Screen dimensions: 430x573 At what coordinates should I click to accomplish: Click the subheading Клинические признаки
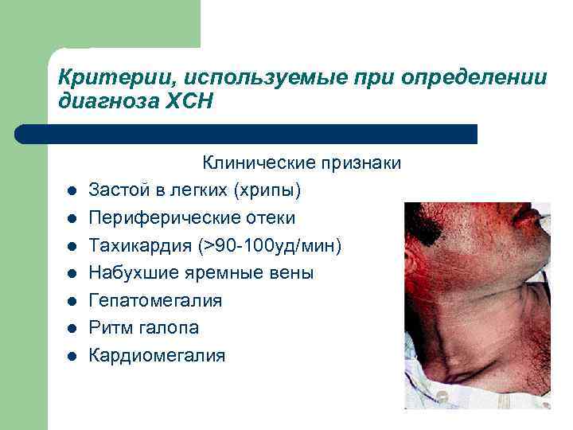pos(302,162)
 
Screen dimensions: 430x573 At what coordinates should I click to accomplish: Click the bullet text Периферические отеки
pos(192,217)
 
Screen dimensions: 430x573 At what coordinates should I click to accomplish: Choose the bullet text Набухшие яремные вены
pos(201,273)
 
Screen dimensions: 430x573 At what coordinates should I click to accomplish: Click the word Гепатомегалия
pos(155,300)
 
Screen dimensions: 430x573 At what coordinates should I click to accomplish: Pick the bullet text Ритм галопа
pos(143,328)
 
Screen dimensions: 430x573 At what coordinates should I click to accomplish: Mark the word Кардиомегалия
pos(157,355)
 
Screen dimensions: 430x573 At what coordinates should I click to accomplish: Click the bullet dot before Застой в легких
pos(70,191)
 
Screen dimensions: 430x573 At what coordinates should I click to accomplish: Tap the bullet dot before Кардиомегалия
pos(70,356)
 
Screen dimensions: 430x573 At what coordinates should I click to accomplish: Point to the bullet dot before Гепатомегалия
pos(70,301)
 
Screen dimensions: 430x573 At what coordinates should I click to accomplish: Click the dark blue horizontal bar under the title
pos(247,134)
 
